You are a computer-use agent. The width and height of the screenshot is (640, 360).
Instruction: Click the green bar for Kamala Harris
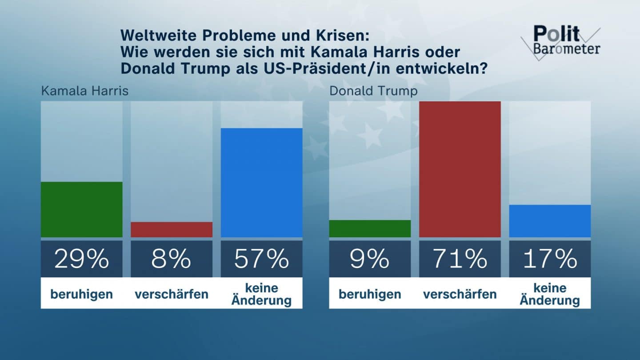tap(81, 209)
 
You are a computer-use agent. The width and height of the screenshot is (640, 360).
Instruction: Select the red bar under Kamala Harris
tap(172, 229)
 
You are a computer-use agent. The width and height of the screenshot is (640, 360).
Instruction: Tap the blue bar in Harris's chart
tap(261, 183)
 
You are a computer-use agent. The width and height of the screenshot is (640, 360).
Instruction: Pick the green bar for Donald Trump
tap(370, 228)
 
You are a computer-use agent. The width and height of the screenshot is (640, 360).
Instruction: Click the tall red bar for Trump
tap(460, 169)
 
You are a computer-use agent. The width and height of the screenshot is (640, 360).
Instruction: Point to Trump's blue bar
tap(550, 221)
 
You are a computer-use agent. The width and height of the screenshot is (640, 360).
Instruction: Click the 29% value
tap(81, 259)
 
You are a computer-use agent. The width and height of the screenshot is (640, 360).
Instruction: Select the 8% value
tap(172, 259)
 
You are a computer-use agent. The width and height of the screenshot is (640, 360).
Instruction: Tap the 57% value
tap(261, 259)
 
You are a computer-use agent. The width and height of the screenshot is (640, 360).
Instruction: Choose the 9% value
tap(370, 259)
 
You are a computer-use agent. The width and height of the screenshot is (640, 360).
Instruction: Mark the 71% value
tap(460, 259)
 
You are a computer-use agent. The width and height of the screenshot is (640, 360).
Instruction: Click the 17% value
tap(550, 259)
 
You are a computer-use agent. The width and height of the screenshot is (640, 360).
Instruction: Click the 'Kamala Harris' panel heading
tap(84, 91)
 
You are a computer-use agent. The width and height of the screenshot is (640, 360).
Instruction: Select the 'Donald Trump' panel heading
tap(373, 91)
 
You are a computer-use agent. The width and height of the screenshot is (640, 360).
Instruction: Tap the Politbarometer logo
tap(561, 41)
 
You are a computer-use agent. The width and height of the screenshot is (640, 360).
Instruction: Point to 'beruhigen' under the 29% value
tap(81, 294)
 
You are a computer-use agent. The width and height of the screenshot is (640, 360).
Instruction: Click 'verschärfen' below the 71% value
tap(460, 294)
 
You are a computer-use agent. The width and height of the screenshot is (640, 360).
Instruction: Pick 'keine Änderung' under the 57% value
tap(261, 294)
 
